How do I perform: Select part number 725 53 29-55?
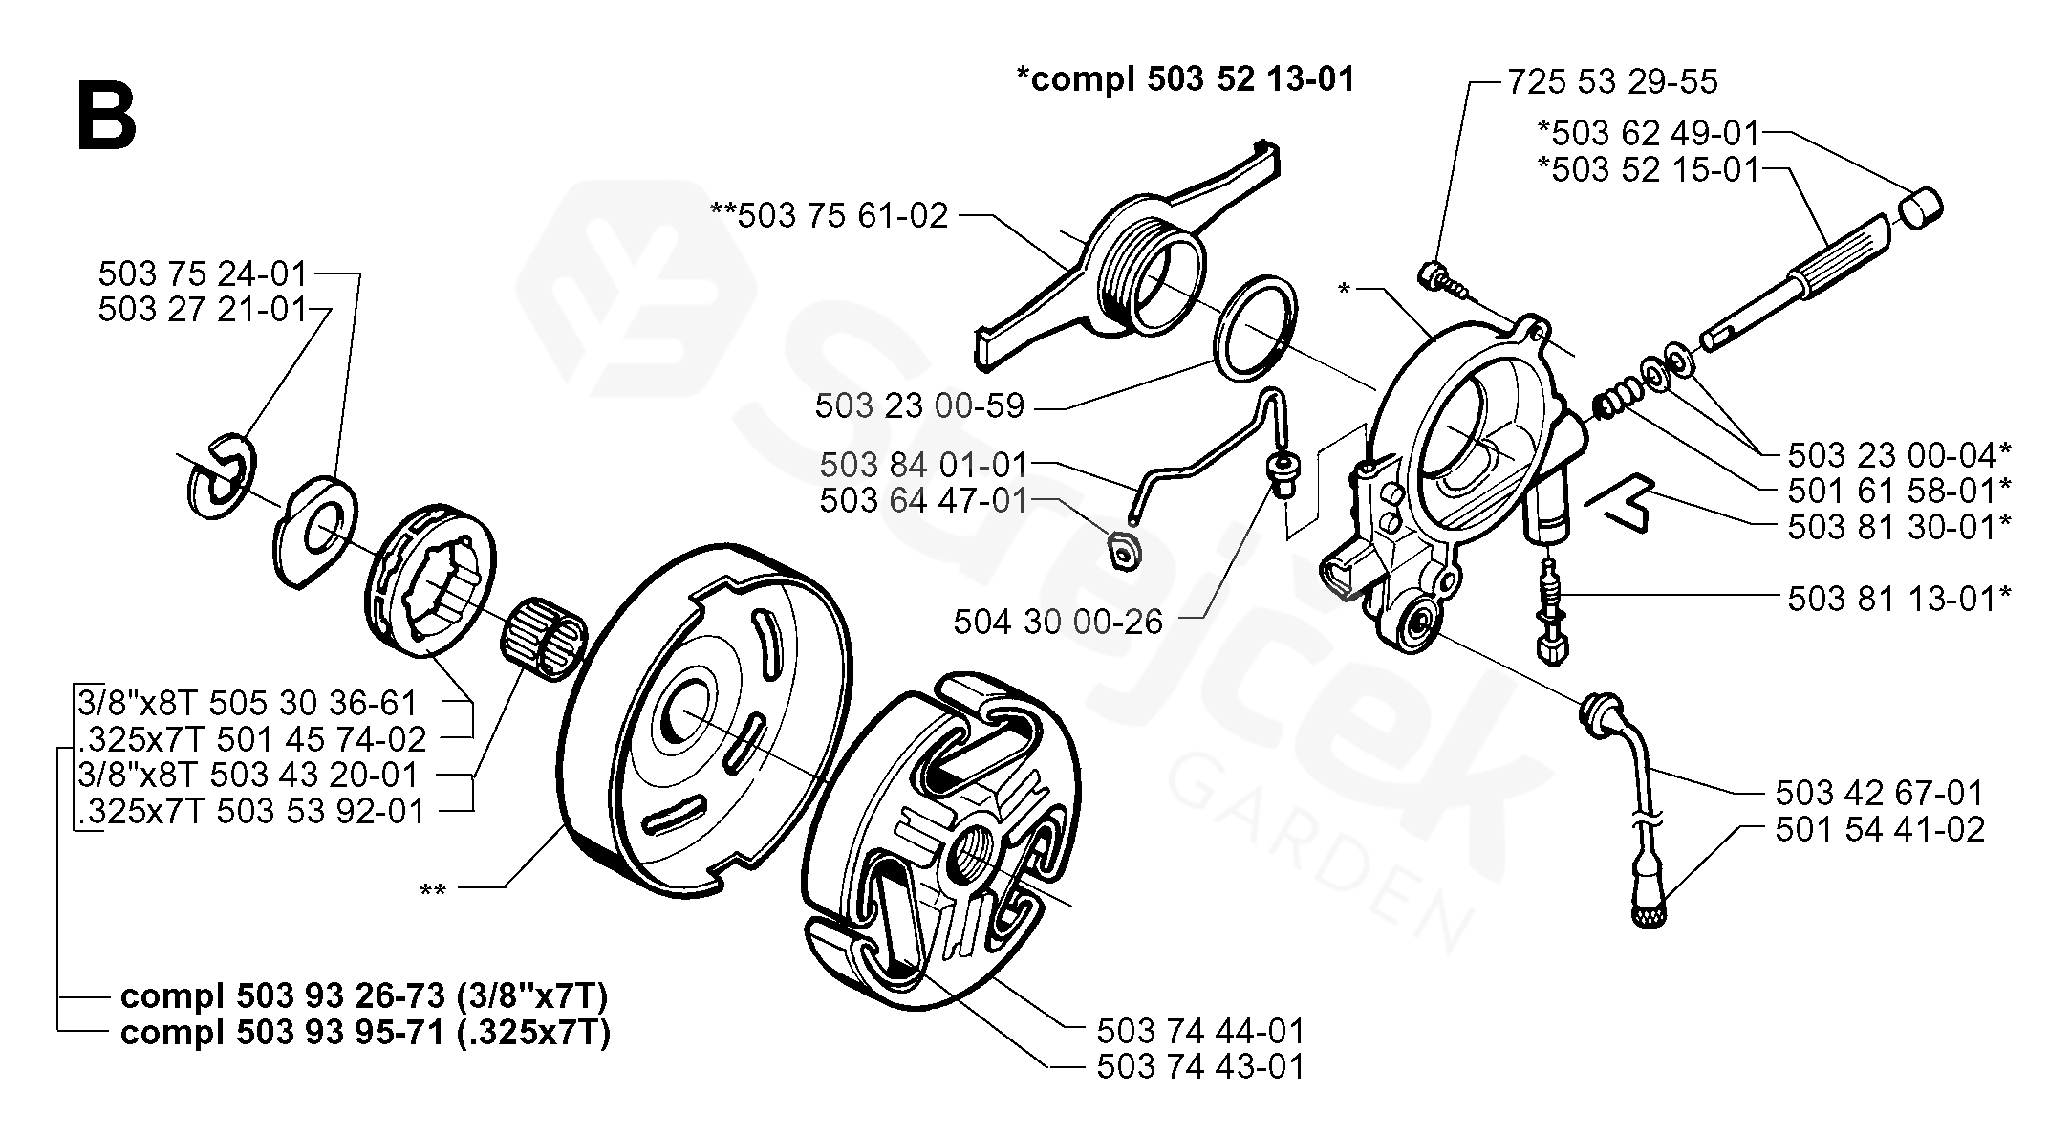pos(1612,82)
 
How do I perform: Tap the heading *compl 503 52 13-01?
pos(1185,79)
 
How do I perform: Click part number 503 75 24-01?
pos(203,274)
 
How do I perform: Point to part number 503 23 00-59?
pos(919,406)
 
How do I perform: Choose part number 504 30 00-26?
pos(1058,623)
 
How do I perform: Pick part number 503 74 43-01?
pos(1200,1067)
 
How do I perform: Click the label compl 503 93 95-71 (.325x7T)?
pos(365,1034)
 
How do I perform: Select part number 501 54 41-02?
pos(1880,829)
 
